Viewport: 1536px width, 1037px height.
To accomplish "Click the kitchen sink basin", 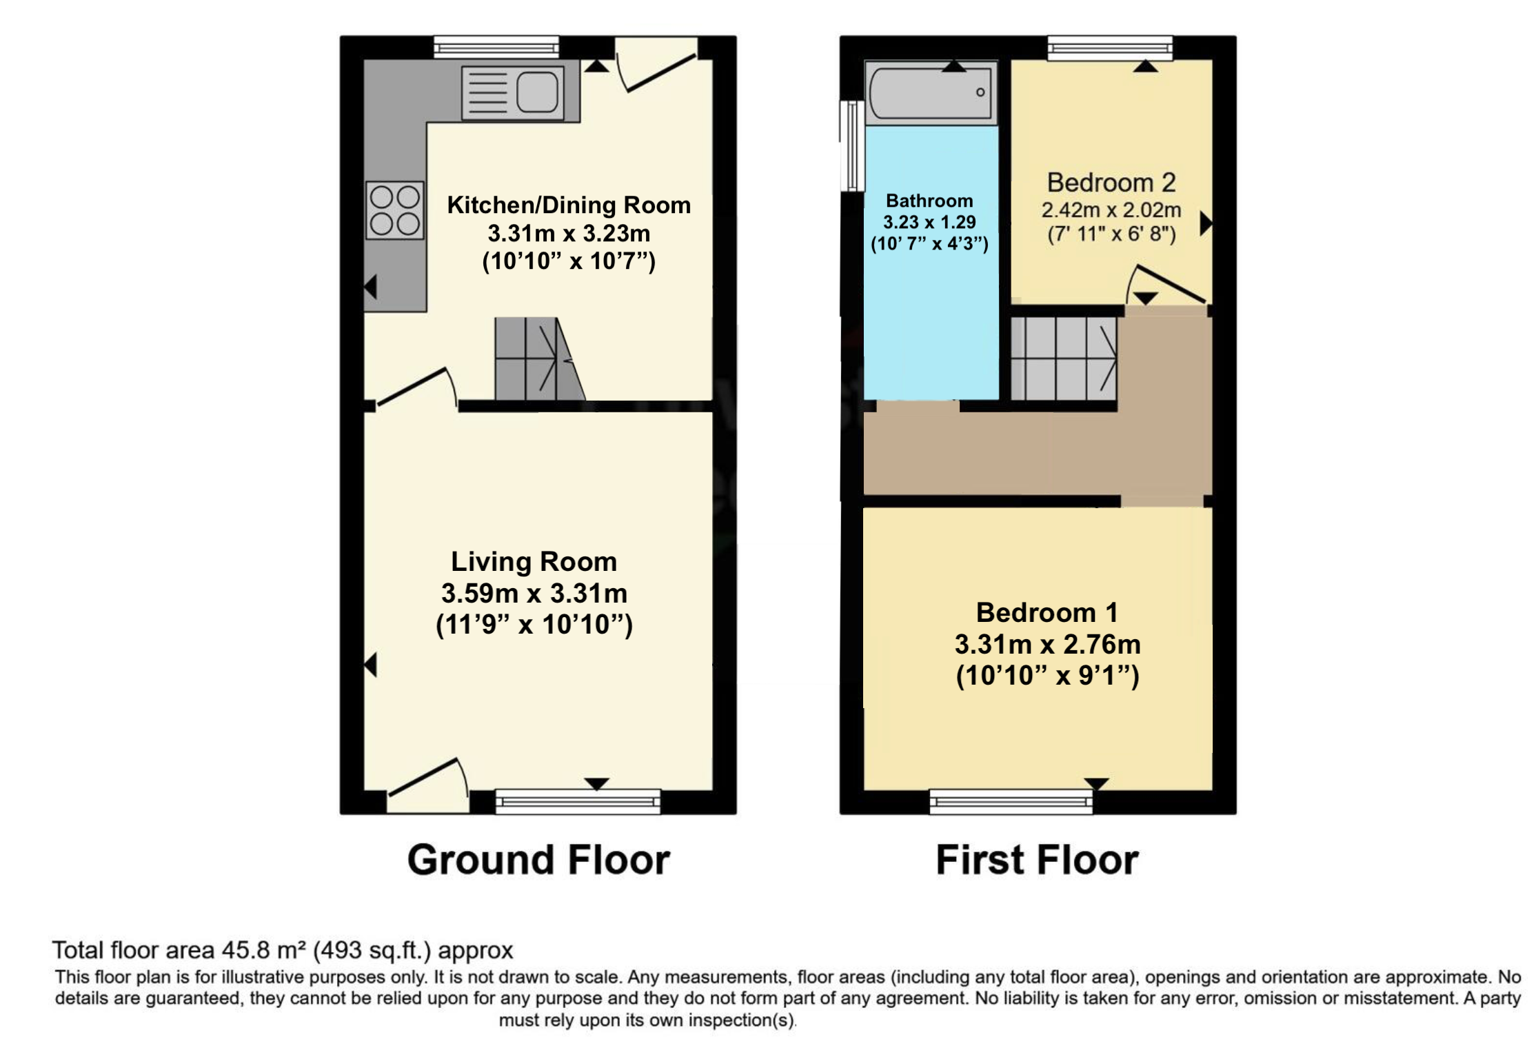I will point(537,92).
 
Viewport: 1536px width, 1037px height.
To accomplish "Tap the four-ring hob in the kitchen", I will point(394,210).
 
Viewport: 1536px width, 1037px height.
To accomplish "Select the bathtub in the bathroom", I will point(931,93).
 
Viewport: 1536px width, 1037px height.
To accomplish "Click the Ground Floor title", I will point(538,860).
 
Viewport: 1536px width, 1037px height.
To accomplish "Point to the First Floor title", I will point(1037,860).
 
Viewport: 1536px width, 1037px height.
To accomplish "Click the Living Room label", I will point(534,562).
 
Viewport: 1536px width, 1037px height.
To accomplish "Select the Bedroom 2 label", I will point(1111,183).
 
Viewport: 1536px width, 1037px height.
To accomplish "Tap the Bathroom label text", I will point(929,201).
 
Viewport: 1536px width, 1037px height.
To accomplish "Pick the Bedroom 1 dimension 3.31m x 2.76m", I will point(1047,644).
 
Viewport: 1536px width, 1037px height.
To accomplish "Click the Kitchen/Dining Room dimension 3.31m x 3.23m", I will point(569,234).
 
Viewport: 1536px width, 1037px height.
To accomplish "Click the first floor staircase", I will point(1064,359).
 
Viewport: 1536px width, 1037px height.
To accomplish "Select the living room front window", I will point(578,801).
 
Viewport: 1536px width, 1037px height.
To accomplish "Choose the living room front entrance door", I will point(428,786).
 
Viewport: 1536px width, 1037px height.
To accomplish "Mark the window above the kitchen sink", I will point(496,47).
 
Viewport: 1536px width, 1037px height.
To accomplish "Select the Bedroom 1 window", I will point(1011,801).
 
